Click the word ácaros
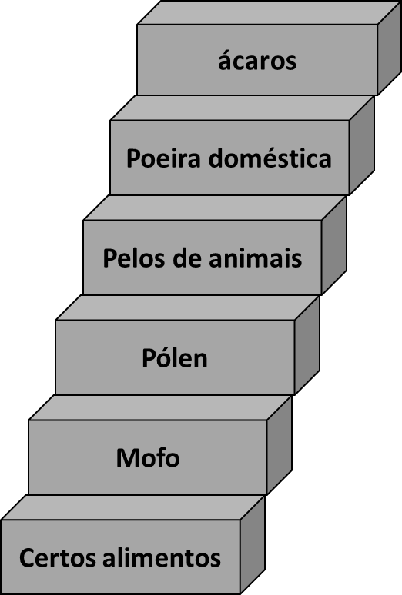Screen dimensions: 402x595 pyautogui.click(x=257, y=61)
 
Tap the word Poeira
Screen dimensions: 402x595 pyautogui.click(x=163, y=158)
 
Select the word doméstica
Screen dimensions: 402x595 pyautogui.click(x=270, y=158)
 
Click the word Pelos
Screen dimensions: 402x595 pyautogui.click(x=134, y=258)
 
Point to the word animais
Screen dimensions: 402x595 pyautogui.click(x=255, y=258)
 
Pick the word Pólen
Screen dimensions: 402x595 pyautogui.click(x=175, y=357)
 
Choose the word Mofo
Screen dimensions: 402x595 pyautogui.click(x=148, y=457)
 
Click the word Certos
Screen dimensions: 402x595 pyautogui.click(x=57, y=557)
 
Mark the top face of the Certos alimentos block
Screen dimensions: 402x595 pyautogui.click(x=132, y=507)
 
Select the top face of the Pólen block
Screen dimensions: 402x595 pyautogui.click(x=187, y=307)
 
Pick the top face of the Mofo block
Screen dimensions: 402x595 pyautogui.click(x=160, y=407)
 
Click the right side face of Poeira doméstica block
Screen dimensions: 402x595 pyautogui.click(x=362, y=145)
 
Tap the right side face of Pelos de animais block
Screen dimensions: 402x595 pyautogui.click(x=334, y=245)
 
